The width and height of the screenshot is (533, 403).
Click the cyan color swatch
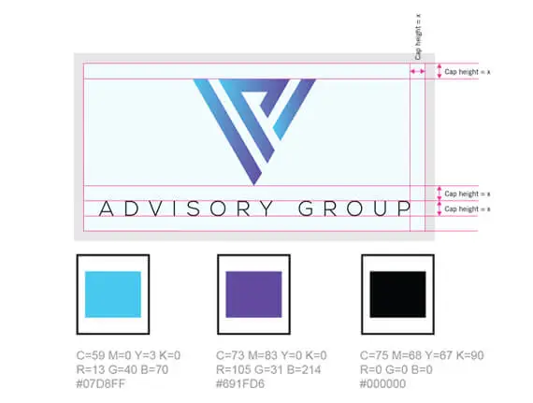(113, 295)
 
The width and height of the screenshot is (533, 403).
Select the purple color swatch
(253, 295)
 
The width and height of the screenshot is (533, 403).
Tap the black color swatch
(397, 295)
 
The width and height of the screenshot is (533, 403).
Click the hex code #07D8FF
(101, 383)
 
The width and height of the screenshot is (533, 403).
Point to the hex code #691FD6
(240, 383)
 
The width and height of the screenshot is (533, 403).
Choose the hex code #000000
(382, 383)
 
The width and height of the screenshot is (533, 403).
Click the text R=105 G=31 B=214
(268, 369)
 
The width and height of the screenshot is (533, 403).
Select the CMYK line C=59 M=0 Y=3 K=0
(128, 355)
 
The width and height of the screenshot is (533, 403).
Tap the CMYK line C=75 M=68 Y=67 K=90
(422, 355)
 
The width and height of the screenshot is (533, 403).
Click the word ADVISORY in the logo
(186, 209)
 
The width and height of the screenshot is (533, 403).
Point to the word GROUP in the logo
(354, 209)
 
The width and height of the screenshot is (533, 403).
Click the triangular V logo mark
(254, 132)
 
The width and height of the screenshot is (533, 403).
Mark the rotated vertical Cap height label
(418, 36)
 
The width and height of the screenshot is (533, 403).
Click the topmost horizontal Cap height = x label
(468, 72)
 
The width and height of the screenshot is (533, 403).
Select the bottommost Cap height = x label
(468, 209)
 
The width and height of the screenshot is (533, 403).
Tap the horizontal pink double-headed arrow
(417, 71)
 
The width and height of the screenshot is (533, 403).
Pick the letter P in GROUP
(405, 209)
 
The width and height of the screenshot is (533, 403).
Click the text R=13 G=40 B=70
(122, 369)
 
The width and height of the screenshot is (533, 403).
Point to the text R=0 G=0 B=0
(396, 369)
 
